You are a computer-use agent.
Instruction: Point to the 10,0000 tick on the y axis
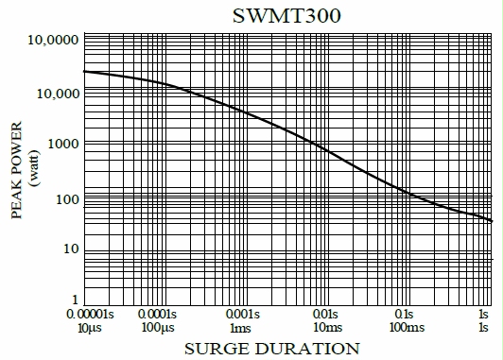51,42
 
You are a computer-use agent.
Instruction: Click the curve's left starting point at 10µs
84,72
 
